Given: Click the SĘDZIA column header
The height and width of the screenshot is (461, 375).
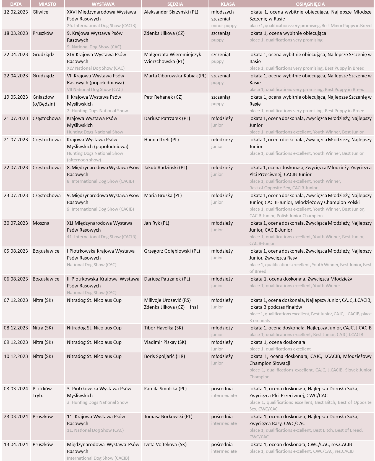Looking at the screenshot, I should coord(175,4).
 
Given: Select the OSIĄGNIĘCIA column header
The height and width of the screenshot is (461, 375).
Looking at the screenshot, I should coord(310,4).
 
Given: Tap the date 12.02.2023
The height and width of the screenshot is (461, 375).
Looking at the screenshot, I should coord(16,12).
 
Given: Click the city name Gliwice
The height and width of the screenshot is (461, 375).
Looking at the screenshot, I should coord(40,12).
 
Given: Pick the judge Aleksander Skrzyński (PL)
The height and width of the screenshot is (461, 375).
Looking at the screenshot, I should coord(171,12).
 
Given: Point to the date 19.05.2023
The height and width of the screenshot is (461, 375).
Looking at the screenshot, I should coord(16,97).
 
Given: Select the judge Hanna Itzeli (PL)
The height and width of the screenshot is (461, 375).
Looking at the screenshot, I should coord(162,140).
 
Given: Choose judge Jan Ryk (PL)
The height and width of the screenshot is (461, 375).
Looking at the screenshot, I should coord(157,223).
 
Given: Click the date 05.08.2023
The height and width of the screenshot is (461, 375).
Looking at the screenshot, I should coord(16,251).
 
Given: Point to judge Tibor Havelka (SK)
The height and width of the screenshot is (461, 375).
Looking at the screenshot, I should coord(163,328).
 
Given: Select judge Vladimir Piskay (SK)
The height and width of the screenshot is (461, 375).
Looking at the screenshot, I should coord(165,342).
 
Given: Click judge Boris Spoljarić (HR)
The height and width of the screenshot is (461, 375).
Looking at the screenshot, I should coord(165,357).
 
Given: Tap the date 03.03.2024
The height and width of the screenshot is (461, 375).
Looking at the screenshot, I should coord(16,389).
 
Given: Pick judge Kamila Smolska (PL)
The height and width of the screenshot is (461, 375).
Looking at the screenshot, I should coord(165,389).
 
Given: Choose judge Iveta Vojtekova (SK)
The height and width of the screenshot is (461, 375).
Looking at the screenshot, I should coord(165,445).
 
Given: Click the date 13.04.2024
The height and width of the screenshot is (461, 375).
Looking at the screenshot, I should coord(16,445).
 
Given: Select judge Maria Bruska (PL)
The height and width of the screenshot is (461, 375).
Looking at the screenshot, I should coord(163,196).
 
